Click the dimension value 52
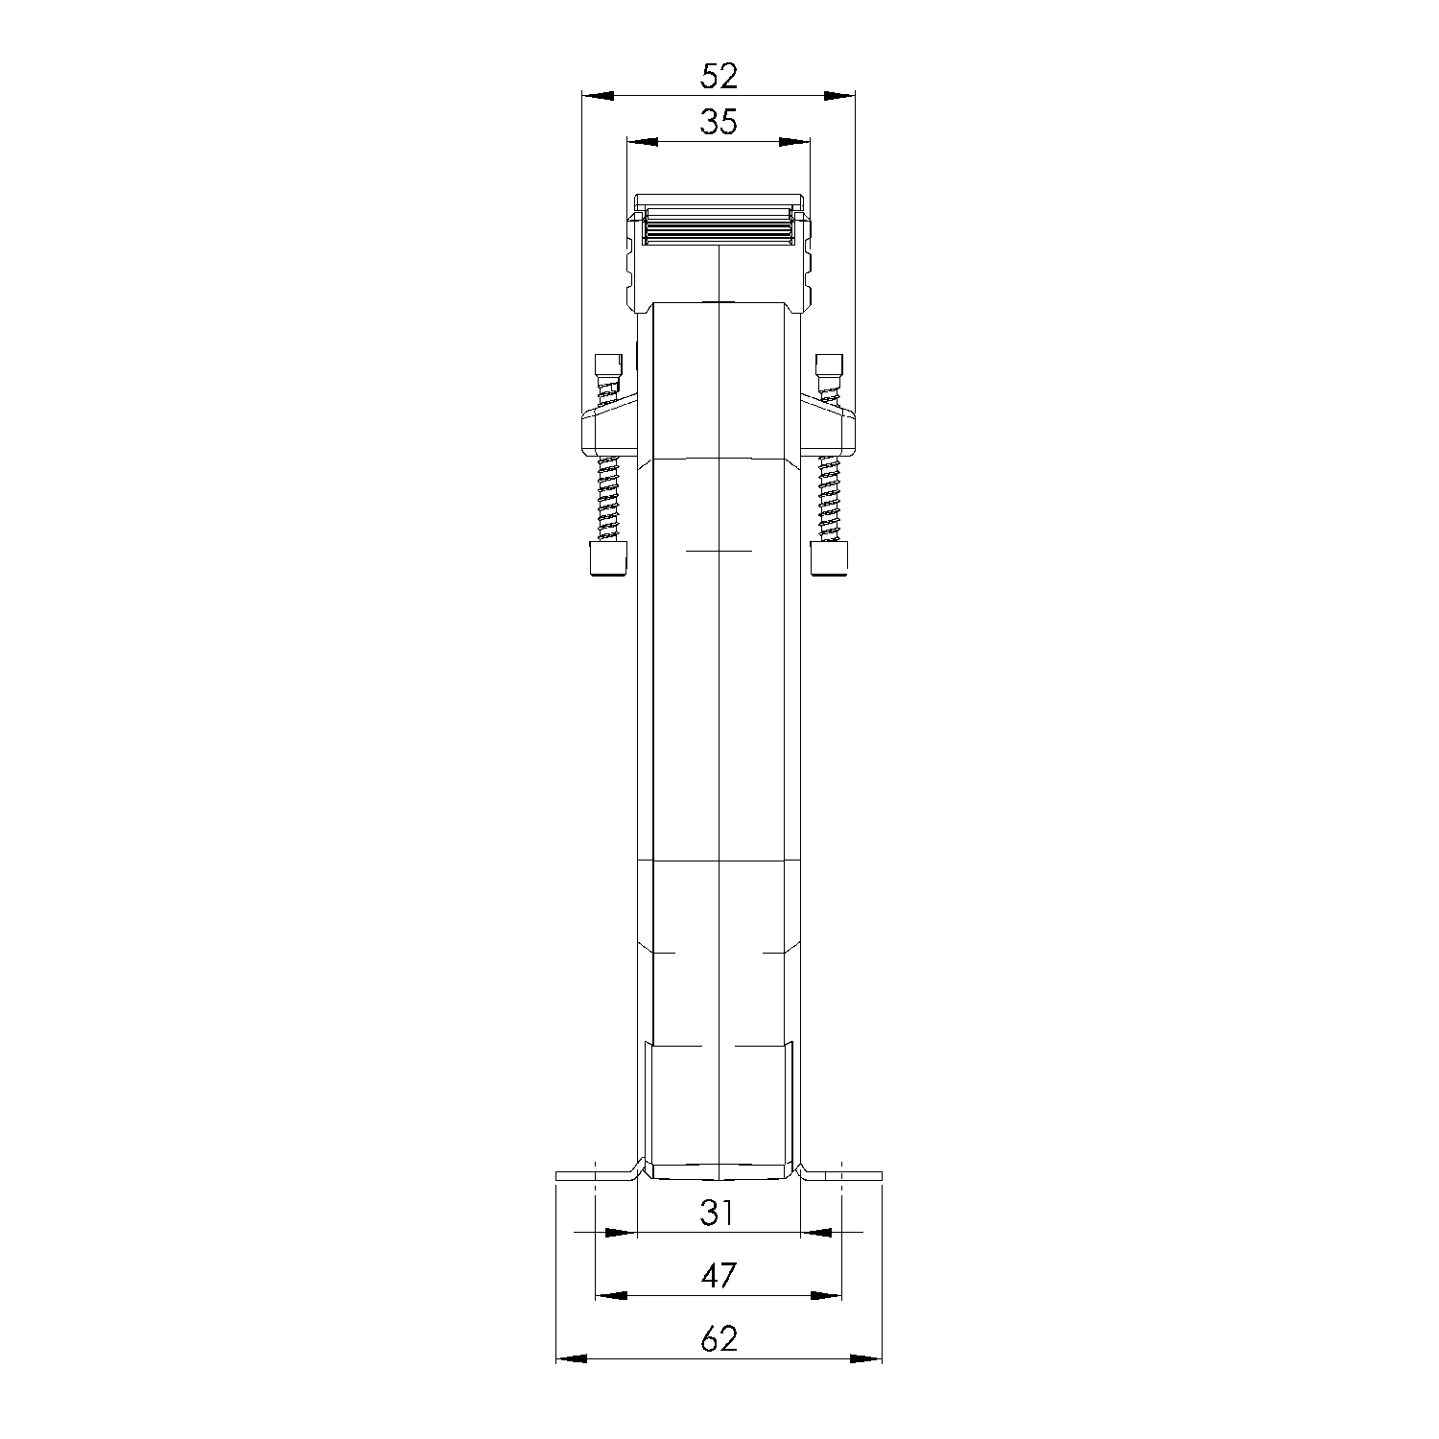[x=719, y=76]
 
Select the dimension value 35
[x=719, y=122]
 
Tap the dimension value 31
[x=717, y=1214]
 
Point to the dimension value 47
[x=719, y=1275]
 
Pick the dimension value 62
[x=719, y=1338]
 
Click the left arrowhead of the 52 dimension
[x=598, y=95]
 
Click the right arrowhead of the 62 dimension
[x=866, y=1358]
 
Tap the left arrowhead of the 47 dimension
[x=611, y=1295]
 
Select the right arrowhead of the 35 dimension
[x=794, y=142]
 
